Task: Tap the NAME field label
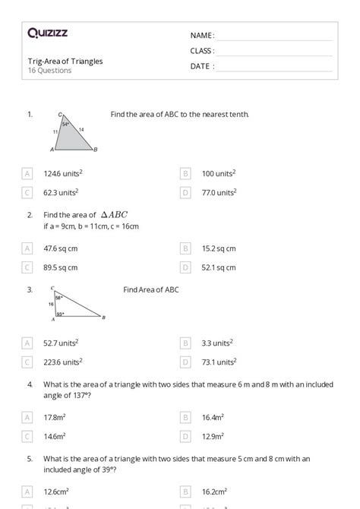[x=202, y=36]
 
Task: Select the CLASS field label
[x=202, y=51]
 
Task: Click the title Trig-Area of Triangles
[x=65, y=61]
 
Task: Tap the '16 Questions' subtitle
[x=49, y=71]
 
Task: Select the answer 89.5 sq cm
[x=61, y=267]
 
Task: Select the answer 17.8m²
[x=57, y=417]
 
